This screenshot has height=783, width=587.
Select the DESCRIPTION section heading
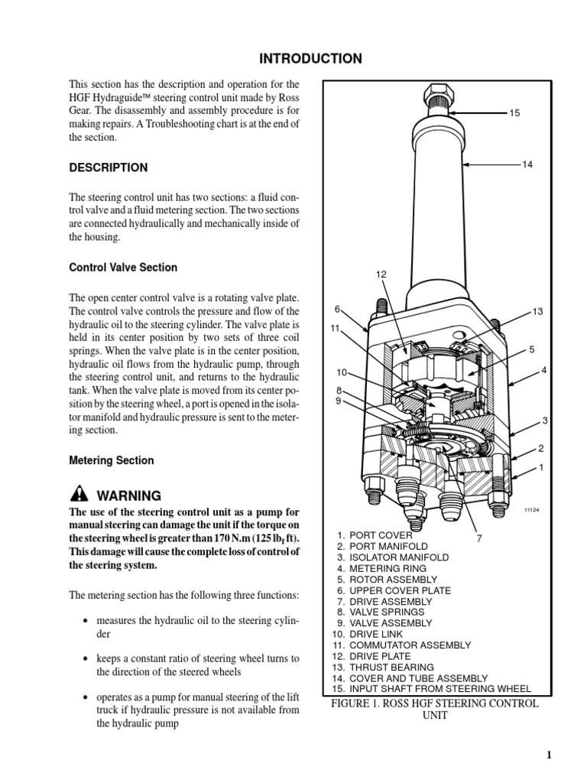(109, 167)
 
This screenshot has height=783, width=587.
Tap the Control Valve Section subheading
(123, 268)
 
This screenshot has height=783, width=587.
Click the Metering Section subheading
(112, 460)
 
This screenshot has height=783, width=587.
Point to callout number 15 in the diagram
(514, 113)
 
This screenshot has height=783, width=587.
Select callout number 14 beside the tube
(527, 164)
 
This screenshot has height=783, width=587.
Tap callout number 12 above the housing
(381, 275)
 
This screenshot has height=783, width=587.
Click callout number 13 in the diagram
(537, 311)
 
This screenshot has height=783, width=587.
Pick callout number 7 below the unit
(479, 538)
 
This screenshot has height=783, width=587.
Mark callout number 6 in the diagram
(337, 309)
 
